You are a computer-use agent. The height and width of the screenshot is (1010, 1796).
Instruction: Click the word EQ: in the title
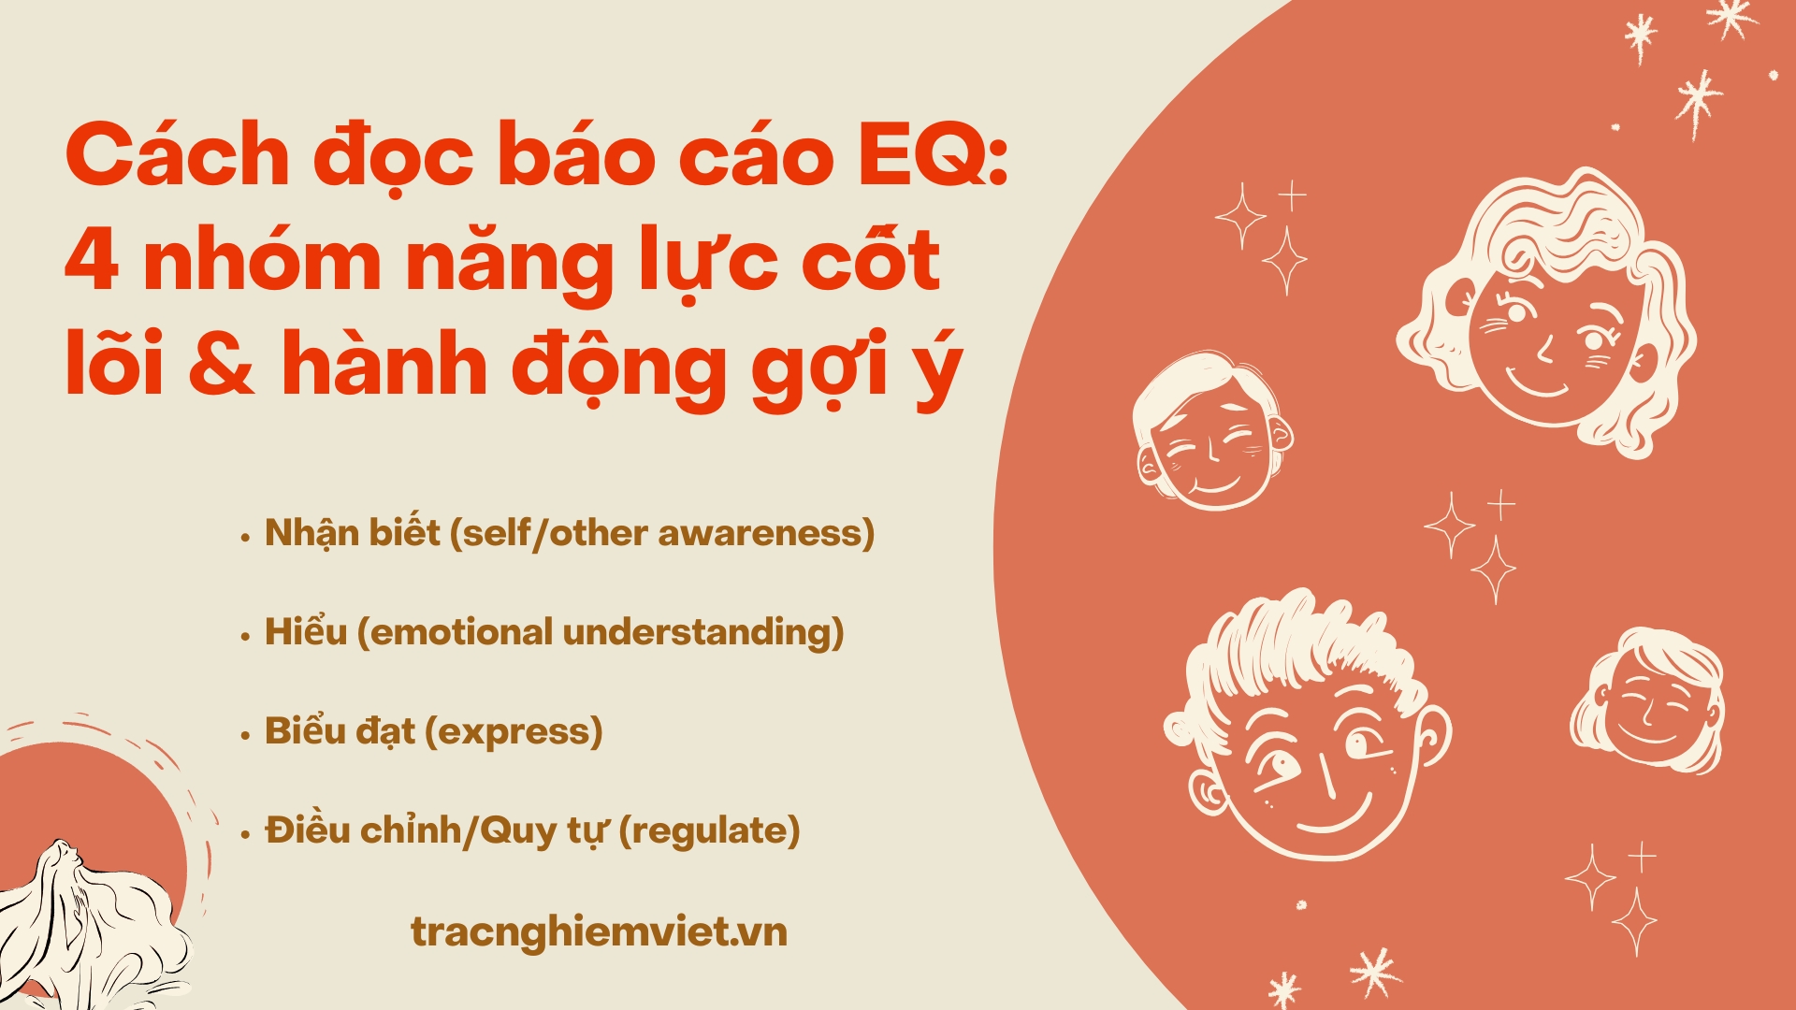(x=934, y=157)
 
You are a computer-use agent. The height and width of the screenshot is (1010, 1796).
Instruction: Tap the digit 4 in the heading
(x=92, y=261)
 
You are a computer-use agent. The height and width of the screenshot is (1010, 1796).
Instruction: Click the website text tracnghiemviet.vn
(x=599, y=931)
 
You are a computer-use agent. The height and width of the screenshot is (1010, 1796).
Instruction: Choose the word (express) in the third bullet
(x=514, y=731)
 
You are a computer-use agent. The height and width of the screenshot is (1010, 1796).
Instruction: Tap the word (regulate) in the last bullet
(x=709, y=830)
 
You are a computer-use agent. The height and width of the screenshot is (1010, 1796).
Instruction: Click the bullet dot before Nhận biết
(x=245, y=538)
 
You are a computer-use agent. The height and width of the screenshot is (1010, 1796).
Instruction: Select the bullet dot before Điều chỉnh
(x=245, y=835)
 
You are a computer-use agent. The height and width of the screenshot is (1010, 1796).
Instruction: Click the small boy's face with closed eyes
(x=1211, y=432)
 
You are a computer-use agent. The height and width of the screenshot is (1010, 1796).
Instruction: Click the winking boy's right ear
(x=1431, y=739)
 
